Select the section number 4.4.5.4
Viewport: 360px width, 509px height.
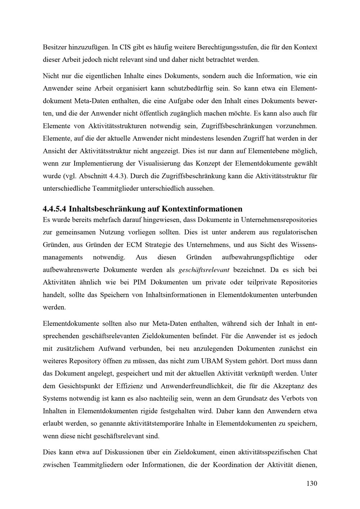(54, 209)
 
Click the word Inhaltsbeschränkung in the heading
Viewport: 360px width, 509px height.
(107, 209)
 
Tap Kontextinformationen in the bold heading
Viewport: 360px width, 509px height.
(202, 209)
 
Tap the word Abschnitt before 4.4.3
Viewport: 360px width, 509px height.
(91, 176)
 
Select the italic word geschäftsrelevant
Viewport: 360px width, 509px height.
(204, 270)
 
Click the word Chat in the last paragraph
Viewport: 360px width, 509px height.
(310, 452)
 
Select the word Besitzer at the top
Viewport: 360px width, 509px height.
(55, 47)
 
